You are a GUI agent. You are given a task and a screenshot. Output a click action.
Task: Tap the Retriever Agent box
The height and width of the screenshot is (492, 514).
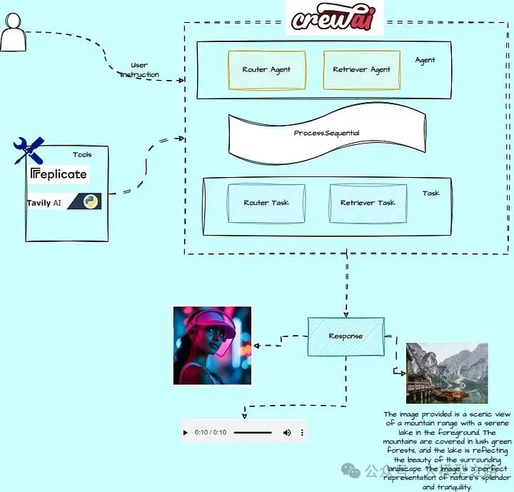pos(361,70)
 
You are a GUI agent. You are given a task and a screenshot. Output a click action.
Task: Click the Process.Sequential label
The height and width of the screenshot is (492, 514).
pos(326,134)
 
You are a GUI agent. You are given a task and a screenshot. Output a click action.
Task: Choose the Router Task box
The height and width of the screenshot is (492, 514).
pos(266,203)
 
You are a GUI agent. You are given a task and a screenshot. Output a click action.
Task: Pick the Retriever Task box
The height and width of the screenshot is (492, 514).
pos(368,203)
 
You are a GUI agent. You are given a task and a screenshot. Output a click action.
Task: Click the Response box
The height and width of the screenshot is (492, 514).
pos(346,336)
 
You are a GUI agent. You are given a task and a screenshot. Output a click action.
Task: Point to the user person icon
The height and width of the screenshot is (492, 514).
pos(12,33)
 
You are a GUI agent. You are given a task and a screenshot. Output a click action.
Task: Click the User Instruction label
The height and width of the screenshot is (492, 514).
pos(139,70)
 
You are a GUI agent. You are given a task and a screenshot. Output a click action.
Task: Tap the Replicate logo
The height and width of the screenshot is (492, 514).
pos(59,174)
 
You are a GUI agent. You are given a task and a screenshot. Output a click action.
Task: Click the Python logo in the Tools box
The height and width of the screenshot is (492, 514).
pos(91,201)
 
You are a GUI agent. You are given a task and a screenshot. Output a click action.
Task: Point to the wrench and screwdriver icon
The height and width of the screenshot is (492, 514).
pos(29,150)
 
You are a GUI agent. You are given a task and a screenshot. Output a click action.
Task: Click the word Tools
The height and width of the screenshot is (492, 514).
pos(82,154)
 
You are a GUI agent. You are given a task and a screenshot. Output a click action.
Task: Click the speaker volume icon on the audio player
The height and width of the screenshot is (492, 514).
pos(287,433)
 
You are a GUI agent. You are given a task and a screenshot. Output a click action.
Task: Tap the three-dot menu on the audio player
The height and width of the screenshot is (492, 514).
pos(302,433)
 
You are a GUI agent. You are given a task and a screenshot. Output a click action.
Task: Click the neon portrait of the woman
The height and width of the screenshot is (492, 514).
pos(213,346)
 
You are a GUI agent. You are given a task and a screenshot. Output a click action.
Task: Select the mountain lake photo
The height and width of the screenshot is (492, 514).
pos(447,373)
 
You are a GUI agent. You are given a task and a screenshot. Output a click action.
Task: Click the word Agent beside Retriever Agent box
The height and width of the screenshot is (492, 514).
pos(425,61)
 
